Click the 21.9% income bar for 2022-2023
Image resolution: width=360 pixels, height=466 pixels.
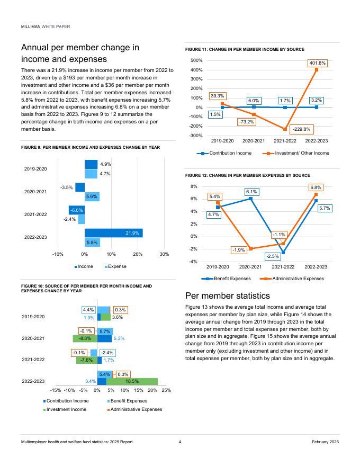click(x=114, y=233)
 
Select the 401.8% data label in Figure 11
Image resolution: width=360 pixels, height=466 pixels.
click(x=317, y=63)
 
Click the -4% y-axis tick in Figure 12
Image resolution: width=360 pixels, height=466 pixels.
click(x=194, y=262)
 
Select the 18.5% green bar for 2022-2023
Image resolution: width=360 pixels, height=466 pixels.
click(x=132, y=381)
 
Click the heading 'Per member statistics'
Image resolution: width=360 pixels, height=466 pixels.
click(x=228, y=295)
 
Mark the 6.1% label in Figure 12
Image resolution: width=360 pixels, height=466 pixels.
click(x=251, y=192)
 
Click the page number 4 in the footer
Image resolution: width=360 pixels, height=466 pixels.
click(x=180, y=442)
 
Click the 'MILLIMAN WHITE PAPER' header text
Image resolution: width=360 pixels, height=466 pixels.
click(x=46, y=26)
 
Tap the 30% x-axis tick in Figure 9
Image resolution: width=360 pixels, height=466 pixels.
click(x=164, y=254)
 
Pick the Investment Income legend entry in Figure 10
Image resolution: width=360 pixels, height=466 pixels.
click(x=67, y=409)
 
